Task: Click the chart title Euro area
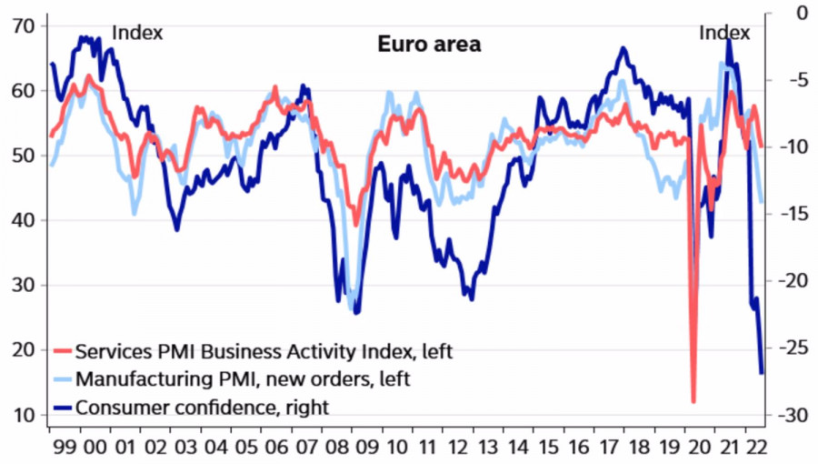(429, 44)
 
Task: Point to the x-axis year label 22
(753, 449)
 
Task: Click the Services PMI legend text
(264, 351)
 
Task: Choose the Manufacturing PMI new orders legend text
(244, 378)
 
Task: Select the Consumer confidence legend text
(202, 407)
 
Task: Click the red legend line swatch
(62, 351)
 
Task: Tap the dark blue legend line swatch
(62, 407)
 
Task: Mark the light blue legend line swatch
(62, 378)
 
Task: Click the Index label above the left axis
(136, 33)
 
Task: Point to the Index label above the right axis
(724, 33)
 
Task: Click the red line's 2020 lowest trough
(693, 400)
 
